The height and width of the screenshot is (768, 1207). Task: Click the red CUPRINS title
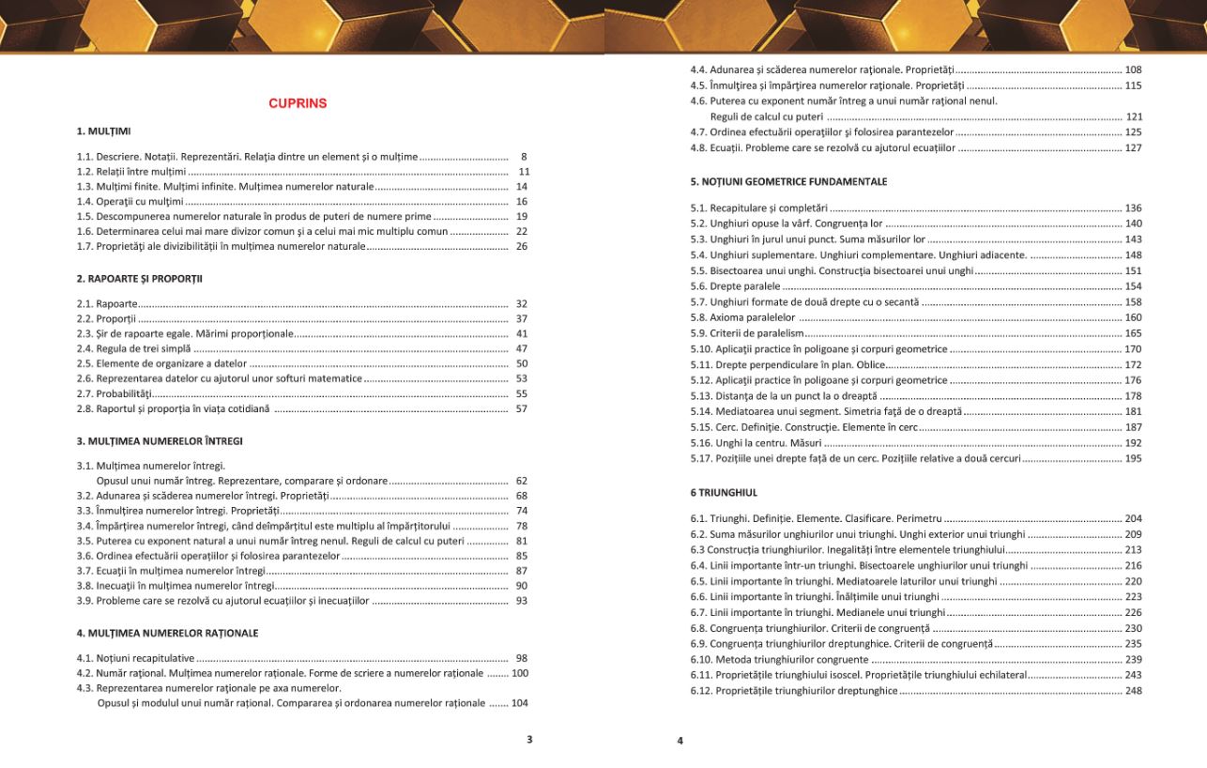(298, 103)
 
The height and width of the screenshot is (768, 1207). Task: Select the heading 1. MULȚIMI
(103, 131)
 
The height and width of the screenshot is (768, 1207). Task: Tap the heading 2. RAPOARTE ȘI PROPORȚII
(140, 279)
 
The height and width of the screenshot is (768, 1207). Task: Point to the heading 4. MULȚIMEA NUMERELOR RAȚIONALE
(167, 633)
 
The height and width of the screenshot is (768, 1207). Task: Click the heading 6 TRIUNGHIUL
(723, 492)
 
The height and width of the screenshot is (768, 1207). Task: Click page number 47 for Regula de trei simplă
(522, 348)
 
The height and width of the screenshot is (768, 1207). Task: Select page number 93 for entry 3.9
(522, 601)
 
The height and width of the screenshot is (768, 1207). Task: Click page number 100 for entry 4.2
(519, 673)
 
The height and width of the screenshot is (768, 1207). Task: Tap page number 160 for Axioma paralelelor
(1133, 317)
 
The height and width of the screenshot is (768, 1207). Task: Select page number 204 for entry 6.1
(1133, 519)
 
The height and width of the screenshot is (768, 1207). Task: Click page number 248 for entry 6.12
(1133, 691)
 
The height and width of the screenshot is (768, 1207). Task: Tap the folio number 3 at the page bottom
(529, 740)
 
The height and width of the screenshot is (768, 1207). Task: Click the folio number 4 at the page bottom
(680, 741)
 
